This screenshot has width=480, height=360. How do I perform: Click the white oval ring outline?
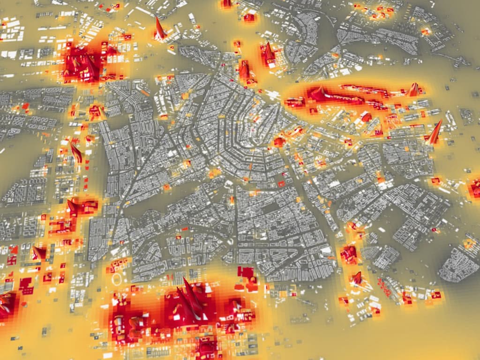118,280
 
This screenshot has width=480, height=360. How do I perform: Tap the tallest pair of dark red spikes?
190,300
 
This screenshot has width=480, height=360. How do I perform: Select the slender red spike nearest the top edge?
159,28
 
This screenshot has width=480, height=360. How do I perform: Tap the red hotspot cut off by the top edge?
227,3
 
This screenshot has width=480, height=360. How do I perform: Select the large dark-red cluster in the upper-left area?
84,63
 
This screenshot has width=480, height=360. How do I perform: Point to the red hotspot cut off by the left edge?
6,305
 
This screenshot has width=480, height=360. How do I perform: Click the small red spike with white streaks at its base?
357,279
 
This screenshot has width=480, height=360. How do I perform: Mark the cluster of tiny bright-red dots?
384,287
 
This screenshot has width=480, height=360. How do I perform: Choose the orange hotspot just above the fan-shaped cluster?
469,243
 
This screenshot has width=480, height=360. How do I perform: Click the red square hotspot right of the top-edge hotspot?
249,18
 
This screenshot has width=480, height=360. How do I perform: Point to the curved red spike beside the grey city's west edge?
75,152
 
